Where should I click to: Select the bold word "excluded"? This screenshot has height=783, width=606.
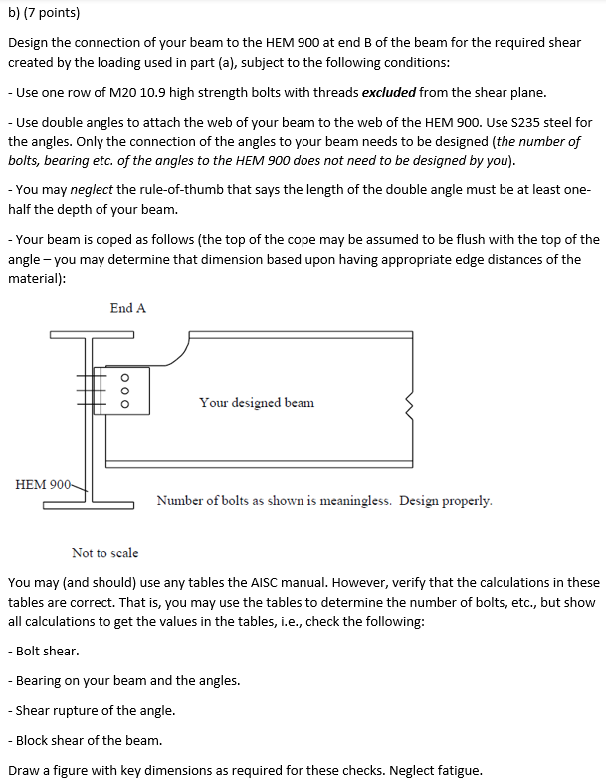pos(389,93)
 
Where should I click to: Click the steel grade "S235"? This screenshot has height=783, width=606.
pos(529,123)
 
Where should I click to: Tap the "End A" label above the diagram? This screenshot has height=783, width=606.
pos(128,308)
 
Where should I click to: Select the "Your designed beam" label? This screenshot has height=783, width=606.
pos(256,403)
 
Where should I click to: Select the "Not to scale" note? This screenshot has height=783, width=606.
pos(104,552)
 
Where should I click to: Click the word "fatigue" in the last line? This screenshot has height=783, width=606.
pos(460,770)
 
